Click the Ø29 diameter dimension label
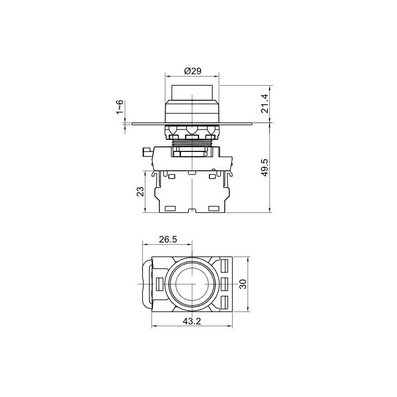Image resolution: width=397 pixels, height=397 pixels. (x=193, y=71)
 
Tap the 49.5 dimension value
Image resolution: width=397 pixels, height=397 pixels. (x=265, y=168)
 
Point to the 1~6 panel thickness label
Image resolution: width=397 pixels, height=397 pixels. (x=120, y=107)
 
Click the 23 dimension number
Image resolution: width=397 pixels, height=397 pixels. (x=140, y=192)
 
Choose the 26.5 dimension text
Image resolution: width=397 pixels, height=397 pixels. (x=168, y=239)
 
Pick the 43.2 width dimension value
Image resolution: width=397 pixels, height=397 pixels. (x=192, y=321)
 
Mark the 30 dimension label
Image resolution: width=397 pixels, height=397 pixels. (x=243, y=284)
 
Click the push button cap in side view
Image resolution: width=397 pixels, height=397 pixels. (x=192, y=93)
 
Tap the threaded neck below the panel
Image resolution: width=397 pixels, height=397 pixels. (x=192, y=143)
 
